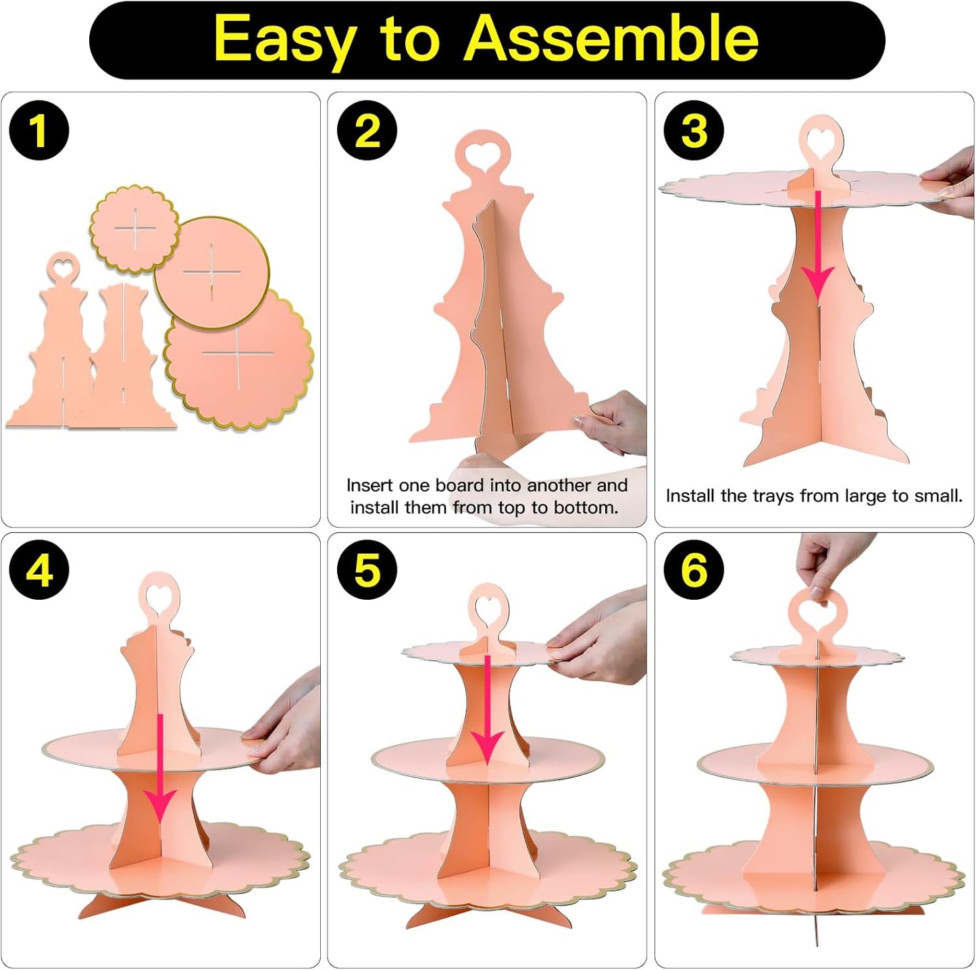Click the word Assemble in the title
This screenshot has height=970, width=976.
(x=611, y=39)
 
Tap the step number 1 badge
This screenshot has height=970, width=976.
(x=38, y=130)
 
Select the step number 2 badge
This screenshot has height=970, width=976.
(x=367, y=130)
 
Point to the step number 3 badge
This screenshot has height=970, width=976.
(x=694, y=130)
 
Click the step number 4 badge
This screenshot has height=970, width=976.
(x=38, y=570)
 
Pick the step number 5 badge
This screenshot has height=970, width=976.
(x=367, y=570)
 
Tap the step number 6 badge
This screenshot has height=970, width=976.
(x=694, y=570)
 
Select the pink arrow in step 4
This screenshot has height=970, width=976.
(x=160, y=769)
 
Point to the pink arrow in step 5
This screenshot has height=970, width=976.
(x=487, y=710)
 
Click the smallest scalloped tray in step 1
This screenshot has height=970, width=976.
(x=134, y=229)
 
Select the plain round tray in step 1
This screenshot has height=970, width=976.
(x=211, y=273)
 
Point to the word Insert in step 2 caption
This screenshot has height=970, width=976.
(x=369, y=485)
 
